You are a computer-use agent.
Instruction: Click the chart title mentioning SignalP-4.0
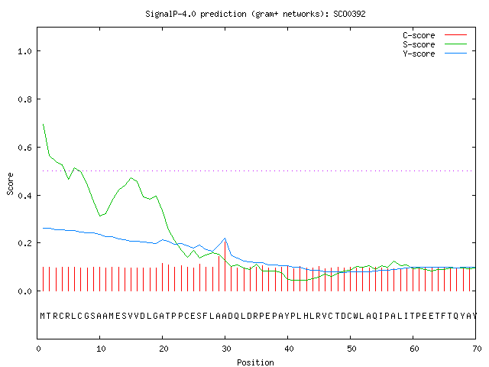(x=255, y=14)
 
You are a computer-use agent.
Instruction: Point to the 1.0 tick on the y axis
(x=24, y=51)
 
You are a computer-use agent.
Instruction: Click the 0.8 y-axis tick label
(x=24, y=99)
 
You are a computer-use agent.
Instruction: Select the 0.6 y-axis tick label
(x=24, y=148)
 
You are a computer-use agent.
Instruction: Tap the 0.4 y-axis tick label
(x=24, y=196)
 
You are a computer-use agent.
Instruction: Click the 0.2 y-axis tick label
(x=24, y=243)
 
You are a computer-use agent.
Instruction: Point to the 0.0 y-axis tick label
(x=24, y=291)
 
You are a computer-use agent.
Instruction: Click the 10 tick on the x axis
(x=101, y=349)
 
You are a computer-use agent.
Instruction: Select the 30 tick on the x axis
(x=226, y=349)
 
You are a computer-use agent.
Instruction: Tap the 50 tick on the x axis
(x=351, y=349)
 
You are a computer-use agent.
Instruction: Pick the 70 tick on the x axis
(x=477, y=349)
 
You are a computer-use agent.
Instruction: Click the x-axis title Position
(x=255, y=362)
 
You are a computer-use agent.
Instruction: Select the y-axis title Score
(x=10, y=183)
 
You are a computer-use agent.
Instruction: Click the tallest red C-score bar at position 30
(x=225, y=266)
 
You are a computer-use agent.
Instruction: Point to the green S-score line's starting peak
(x=43, y=124)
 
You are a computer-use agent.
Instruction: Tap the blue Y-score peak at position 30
(x=225, y=239)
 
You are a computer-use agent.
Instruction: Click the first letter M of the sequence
(x=43, y=316)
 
